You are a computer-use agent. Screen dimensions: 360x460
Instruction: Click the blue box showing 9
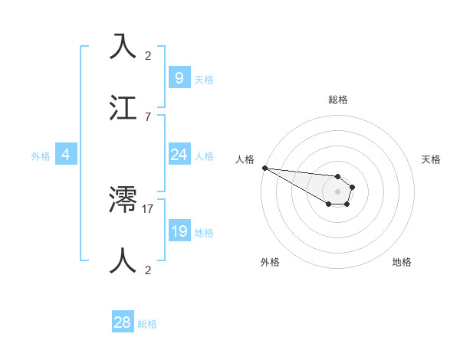click(179, 77)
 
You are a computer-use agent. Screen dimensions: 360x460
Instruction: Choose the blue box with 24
click(179, 155)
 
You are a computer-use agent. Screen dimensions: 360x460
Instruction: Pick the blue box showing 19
click(179, 231)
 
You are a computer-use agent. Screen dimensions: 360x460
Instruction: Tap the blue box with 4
click(65, 155)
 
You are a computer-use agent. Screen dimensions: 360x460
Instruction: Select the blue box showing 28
click(123, 322)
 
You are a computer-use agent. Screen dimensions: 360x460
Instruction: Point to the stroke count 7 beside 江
click(148, 116)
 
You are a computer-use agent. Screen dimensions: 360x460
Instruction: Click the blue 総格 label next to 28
click(147, 324)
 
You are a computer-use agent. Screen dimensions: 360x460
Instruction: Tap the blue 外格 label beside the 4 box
click(41, 155)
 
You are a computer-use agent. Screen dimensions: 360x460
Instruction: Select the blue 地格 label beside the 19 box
click(204, 233)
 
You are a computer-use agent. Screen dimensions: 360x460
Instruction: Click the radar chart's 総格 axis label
click(337, 100)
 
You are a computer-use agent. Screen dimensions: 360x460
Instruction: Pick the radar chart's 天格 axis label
click(431, 159)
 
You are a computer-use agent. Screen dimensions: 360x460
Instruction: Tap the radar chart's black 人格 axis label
click(245, 159)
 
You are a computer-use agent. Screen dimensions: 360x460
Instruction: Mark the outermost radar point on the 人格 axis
click(264, 168)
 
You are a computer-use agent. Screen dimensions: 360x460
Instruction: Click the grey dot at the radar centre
click(337, 191)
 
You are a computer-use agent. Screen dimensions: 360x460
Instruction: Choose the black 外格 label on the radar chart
click(270, 262)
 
